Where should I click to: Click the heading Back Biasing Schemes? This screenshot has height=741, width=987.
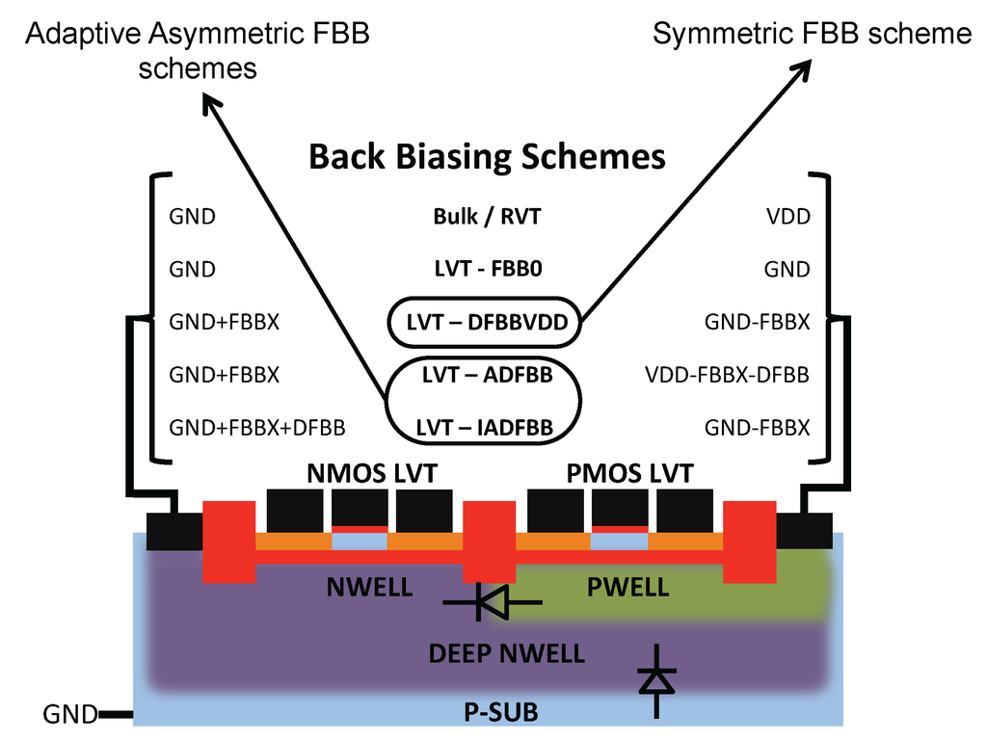click(x=487, y=156)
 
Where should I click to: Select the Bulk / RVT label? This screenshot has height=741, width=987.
click(x=487, y=216)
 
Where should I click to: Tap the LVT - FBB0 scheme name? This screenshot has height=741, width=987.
click(x=487, y=269)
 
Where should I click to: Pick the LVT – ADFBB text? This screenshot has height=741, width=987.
click(x=487, y=375)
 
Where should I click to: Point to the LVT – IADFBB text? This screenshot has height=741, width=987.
click(x=487, y=427)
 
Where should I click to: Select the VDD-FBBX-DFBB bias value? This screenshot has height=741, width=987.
click(x=727, y=375)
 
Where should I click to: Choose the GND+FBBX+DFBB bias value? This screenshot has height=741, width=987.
click(x=257, y=427)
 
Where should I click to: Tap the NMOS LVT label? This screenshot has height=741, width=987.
click(x=372, y=474)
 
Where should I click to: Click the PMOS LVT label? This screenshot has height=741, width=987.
click(x=628, y=474)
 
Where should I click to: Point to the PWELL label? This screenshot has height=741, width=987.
click(x=628, y=587)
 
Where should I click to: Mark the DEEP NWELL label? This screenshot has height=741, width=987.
click(x=506, y=653)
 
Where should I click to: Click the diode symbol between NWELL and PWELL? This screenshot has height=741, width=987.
click(x=493, y=603)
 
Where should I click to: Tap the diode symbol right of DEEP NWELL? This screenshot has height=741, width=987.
click(x=657, y=680)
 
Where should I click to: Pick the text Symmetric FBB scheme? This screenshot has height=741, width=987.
click(x=812, y=35)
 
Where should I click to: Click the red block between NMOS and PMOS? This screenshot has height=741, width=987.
click(x=490, y=541)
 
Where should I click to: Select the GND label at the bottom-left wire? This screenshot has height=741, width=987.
click(x=69, y=715)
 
